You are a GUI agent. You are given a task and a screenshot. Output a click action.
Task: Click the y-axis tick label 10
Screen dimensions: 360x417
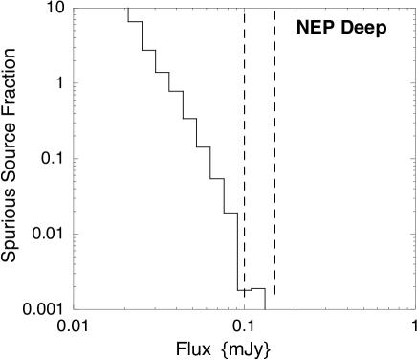55,9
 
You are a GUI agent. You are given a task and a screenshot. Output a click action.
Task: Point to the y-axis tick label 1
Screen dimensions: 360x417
60,84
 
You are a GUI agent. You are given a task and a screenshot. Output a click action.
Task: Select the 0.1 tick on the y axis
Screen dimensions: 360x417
53,159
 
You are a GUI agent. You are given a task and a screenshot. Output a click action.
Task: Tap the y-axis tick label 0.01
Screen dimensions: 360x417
49,234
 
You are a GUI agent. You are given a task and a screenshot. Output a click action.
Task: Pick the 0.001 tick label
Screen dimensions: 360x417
43,309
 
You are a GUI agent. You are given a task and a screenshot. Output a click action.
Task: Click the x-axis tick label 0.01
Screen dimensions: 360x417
73,326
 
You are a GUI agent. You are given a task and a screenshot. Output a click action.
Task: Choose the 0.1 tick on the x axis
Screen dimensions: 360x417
245,326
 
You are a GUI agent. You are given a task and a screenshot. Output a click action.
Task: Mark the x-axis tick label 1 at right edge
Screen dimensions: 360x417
413,326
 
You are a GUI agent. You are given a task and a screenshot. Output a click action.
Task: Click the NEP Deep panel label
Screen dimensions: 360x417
341,28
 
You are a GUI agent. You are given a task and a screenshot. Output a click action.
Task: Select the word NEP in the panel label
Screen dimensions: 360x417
314,28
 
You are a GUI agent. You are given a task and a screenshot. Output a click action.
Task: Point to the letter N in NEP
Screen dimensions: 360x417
302,28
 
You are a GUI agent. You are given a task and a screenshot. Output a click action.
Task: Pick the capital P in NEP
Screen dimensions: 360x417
325,28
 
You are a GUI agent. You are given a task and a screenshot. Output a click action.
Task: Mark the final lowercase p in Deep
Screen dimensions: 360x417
381,29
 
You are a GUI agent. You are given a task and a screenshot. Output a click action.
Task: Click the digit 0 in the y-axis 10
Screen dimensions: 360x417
60,9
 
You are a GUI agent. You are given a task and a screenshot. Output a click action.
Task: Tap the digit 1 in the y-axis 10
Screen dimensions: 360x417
51,9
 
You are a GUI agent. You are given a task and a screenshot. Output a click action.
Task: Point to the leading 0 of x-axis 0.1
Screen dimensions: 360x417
238,326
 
